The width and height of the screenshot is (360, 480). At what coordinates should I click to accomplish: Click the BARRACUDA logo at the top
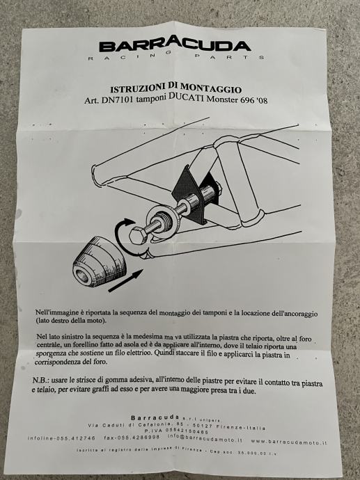[x=175, y=44]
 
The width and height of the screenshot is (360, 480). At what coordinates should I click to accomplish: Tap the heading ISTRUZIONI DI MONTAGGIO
[x=176, y=88]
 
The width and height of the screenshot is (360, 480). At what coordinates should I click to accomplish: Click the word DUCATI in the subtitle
[x=187, y=97]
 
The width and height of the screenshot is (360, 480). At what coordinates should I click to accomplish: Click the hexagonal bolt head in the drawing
[x=137, y=236]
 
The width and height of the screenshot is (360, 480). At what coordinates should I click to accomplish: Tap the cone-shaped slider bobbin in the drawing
[x=99, y=262]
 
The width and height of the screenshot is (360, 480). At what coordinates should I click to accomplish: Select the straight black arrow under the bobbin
[x=126, y=281]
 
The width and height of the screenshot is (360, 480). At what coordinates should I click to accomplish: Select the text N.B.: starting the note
[x=40, y=381]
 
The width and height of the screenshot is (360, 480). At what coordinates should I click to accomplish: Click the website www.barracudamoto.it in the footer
[x=288, y=442]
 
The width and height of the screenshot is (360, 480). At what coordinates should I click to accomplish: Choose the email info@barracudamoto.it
[x=205, y=439]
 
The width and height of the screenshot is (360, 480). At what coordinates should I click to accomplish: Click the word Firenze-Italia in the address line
[x=241, y=427]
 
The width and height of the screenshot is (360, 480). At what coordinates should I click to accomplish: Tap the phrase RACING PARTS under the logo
[x=175, y=56]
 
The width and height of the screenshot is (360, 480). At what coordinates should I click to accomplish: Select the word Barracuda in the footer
[x=155, y=417]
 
